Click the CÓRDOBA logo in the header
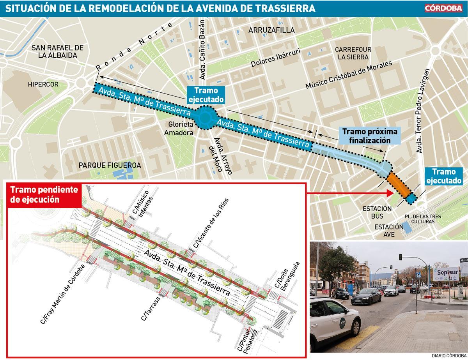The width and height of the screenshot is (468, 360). click(443, 8)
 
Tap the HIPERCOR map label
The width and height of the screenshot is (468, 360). click(43, 84)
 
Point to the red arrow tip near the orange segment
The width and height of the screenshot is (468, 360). click(391, 192)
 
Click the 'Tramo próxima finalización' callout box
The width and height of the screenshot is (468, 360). click(370, 136)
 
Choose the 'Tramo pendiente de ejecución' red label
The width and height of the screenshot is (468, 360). click(44, 194)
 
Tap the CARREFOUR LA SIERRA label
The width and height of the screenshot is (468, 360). click(353, 53)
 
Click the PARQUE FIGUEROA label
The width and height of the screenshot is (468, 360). click(110, 165)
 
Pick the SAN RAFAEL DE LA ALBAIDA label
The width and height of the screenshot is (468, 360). click(58, 51)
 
